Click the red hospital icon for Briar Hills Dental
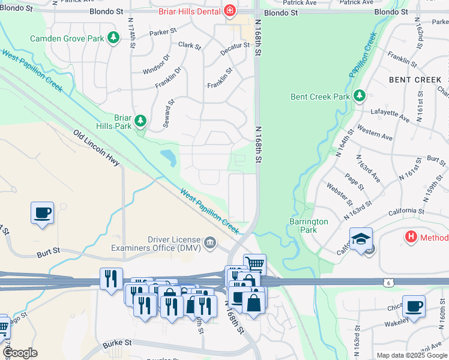pyautogui.click(x=229, y=11)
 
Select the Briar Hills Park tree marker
pyautogui.click(x=140, y=122)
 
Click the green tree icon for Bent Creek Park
pyautogui.click(x=359, y=96)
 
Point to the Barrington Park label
pyautogui.click(x=309, y=226)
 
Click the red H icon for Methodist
pyautogui.click(x=411, y=237)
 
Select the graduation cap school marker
pyautogui.click(x=361, y=239)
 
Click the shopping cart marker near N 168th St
pyautogui.click(x=255, y=263)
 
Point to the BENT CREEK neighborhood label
pyautogui.click(x=415, y=80)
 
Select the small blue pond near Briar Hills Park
pyautogui.click(x=169, y=158)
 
